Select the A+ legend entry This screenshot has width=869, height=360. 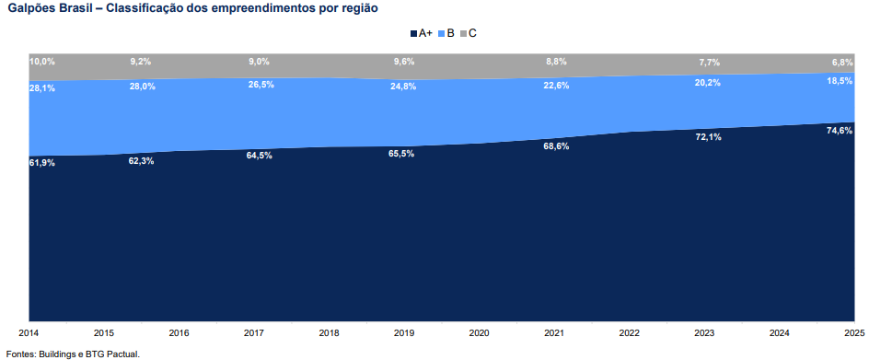(422, 33)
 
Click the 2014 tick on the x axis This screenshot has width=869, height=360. (29, 332)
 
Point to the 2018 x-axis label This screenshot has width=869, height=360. (330, 332)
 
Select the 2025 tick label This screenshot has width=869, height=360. (853, 332)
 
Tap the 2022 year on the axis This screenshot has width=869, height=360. (630, 332)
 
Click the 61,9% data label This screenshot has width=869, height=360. (42, 163)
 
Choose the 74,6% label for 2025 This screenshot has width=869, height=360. (839, 131)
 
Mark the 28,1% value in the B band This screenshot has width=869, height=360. (42, 88)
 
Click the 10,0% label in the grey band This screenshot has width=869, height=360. (42, 62)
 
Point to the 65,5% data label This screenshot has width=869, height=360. (401, 154)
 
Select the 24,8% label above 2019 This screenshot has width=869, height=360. (403, 87)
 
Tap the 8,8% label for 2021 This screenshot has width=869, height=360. (556, 62)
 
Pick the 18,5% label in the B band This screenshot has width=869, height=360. (839, 81)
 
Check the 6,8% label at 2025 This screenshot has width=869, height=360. (841, 62)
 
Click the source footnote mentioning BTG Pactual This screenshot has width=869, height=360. (73, 353)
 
